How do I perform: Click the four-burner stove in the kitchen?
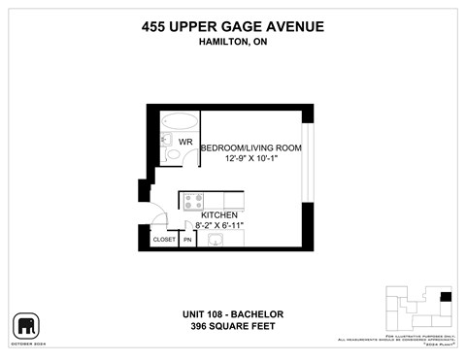[x=192, y=201]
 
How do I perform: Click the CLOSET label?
[x=164, y=239]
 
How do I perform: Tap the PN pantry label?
[x=187, y=239]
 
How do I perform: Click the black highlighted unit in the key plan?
[x=446, y=297]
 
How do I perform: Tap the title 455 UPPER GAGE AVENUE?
[x=232, y=27]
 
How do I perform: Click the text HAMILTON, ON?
[x=232, y=43]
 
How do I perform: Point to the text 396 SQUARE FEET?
[x=233, y=326]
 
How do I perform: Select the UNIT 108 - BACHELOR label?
[x=233, y=313]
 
